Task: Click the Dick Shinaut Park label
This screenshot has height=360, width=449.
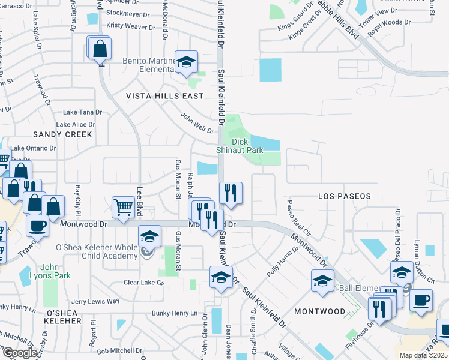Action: click(240, 146)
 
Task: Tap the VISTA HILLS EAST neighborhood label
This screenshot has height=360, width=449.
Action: click(164, 96)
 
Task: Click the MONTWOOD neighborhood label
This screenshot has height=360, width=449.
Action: click(319, 311)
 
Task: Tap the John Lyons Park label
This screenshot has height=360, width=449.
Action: click(56, 271)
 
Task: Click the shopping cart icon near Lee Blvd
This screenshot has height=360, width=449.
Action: click(123, 207)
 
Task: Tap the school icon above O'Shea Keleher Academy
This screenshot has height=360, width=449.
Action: click(149, 236)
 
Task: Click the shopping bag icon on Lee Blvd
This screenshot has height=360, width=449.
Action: click(100, 47)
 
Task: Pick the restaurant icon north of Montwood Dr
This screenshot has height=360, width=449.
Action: click(231, 193)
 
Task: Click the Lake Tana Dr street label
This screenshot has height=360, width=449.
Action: click(83, 112)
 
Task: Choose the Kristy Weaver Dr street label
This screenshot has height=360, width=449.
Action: click(130, 26)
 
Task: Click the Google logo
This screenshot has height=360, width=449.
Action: click(19, 353)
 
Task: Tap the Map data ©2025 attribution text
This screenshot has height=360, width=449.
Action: click(422, 355)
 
